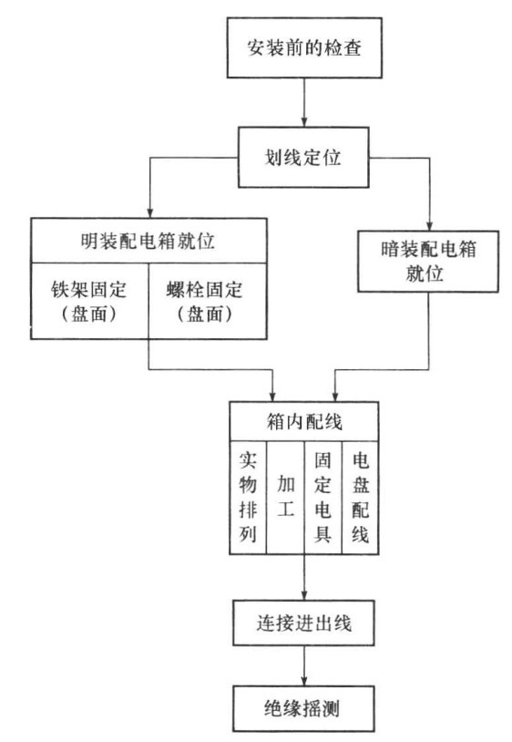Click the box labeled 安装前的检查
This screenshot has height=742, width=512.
pos(304,47)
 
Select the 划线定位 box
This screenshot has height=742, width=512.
pos(303,158)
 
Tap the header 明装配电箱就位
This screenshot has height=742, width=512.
pos(148,241)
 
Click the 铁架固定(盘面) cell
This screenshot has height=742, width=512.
pos(90,301)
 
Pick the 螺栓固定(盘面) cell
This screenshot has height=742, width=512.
pos(208,301)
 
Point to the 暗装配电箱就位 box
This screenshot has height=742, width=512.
pos(427,262)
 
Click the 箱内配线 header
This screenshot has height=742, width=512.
pos(304,422)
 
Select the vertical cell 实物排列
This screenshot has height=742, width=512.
pos(248,498)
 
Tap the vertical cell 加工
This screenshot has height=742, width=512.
pos(285,498)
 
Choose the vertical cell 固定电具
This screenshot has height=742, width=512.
pos(323,498)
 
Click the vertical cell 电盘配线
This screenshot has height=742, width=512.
pos(360,498)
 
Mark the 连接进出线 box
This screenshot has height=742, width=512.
pos(303,623)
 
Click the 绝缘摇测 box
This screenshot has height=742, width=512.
pos(303,709)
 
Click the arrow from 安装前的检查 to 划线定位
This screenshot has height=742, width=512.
pos(304,103)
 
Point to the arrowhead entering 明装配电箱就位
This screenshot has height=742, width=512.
pos(150,212)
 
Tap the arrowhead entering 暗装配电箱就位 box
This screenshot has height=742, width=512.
pos(429,225)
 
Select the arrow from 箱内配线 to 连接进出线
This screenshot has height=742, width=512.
pos(304,577)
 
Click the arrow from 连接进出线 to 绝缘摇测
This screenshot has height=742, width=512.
pos(304,666)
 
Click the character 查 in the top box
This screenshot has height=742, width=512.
pos(353,47)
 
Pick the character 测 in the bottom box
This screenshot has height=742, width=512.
pos(330,709)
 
